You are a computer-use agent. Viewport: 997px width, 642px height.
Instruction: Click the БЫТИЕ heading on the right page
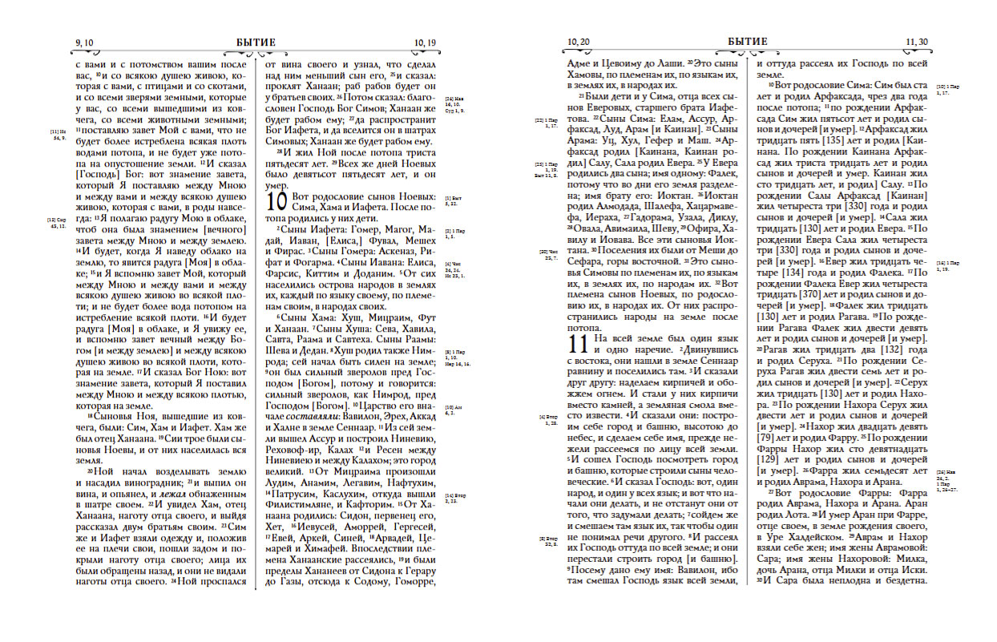(748, 42)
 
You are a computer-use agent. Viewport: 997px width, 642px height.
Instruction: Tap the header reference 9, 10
(85, 42)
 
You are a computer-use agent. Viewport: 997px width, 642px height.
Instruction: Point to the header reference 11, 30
(917, 42)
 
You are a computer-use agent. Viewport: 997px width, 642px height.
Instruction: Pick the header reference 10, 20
(578, 42)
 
